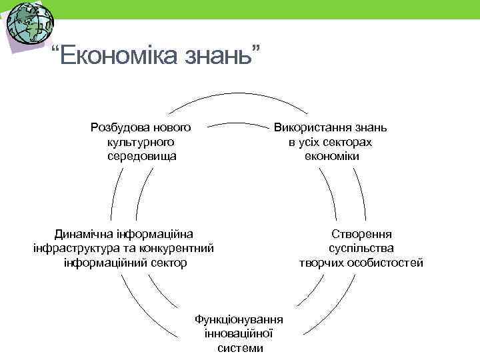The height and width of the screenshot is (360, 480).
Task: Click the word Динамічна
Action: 83,233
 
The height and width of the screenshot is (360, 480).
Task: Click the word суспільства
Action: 361,248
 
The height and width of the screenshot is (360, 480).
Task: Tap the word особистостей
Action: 387,263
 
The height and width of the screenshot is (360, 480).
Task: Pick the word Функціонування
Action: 239,319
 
